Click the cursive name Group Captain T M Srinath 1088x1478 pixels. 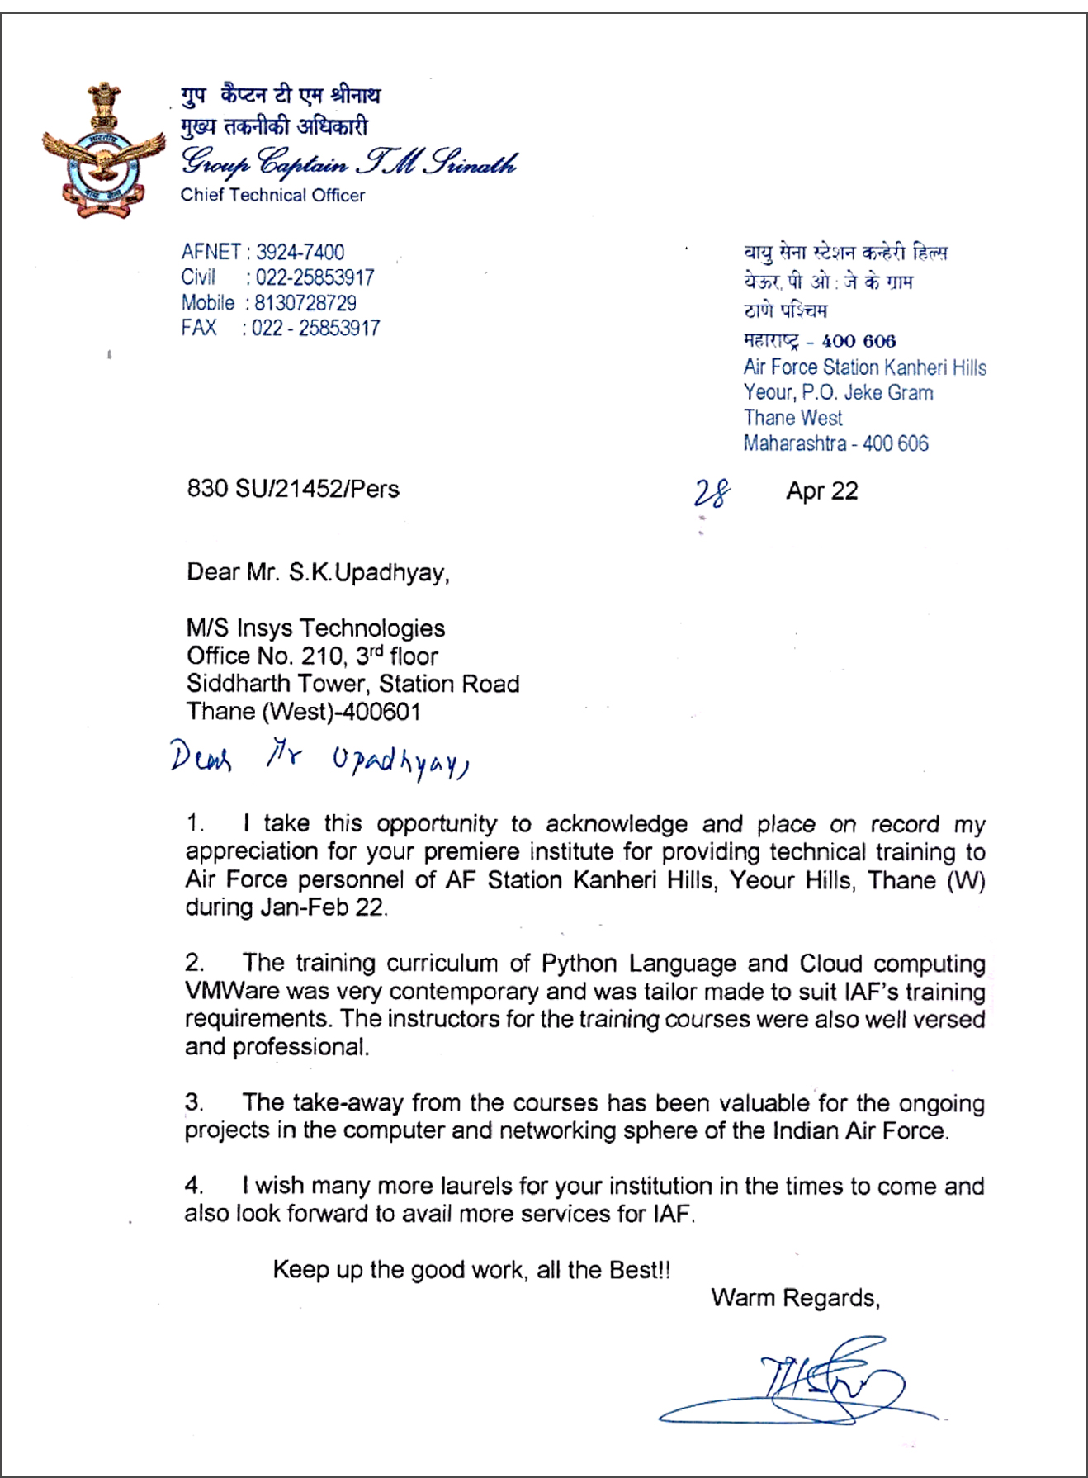[348, 162]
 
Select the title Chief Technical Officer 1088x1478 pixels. [272, 196]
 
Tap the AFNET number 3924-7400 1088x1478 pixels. [300, 252]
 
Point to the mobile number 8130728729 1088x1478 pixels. [305, 303]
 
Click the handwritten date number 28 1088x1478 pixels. [711, 493]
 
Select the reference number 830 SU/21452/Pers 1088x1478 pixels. [293, 489]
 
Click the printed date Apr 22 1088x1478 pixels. [821, 491]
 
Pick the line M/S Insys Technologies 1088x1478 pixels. [315, 628]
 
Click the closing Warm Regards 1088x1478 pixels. [795, 1298]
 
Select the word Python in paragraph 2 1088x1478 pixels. [579, 964]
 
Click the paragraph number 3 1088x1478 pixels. [194, 1102]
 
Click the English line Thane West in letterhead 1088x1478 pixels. [792, 418]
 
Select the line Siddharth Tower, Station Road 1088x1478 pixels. [352, 684]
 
